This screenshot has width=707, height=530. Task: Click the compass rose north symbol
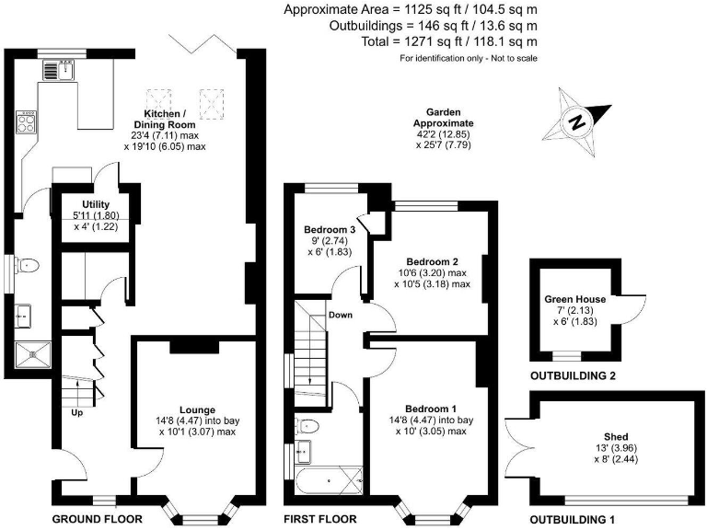pos(577,121)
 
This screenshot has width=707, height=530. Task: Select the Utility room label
pos(96,204)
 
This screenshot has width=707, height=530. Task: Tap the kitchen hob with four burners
pos(28,121)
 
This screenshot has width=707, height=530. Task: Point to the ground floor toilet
pos(29,267)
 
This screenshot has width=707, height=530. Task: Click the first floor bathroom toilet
pos(308,425)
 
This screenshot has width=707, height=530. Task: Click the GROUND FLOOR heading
pos(97,519)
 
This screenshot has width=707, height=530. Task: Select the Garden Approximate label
pos(443,117)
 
